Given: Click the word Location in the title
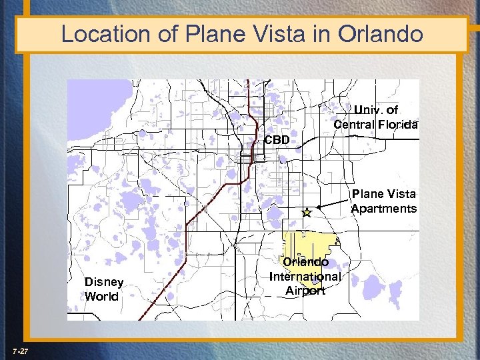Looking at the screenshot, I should coord(105,33).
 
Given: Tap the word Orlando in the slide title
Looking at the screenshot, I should coord(383,33).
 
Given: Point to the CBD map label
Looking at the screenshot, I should coord(277,141).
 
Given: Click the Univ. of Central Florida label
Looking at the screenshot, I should coord(376,117).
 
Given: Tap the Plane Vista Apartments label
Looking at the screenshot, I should coord(383,201).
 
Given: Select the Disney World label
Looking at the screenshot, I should coord(103,289).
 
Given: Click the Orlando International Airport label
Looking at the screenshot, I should coord(305,276).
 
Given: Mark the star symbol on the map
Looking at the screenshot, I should coord(306,213).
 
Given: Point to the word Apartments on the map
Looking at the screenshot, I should coord(383,209).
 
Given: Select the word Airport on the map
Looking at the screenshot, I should coord(305,291).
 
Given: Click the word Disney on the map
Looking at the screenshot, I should coord(103,282).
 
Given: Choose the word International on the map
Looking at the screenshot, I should coord(305,276).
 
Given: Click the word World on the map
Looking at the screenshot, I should coord(101,297).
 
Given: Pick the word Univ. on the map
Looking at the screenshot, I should coord(366,109).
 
